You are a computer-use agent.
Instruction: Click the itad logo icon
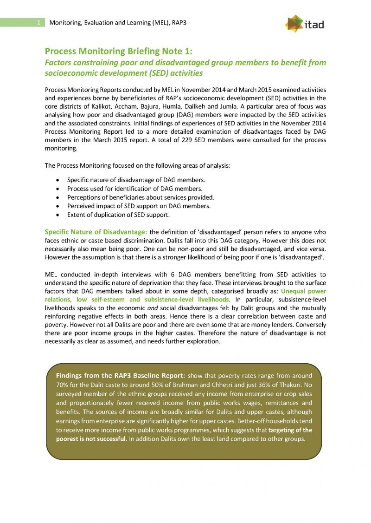(294, 23)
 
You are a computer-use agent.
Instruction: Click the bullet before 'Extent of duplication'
(57, 215)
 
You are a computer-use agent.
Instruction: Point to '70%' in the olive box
(63, 385)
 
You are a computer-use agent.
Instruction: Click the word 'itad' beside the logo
(315, 24)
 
